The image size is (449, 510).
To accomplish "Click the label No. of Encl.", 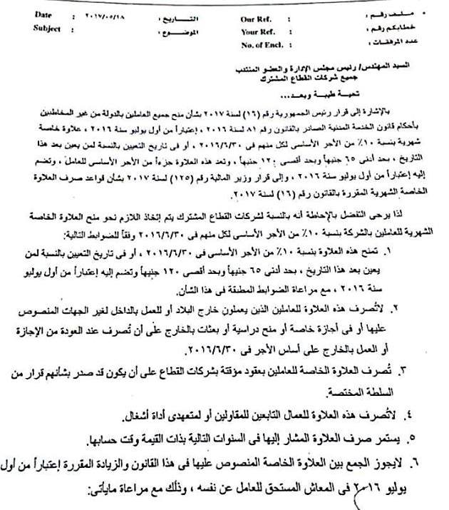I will (x=264, y=44).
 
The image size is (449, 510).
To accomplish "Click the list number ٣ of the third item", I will (x=403, y=369).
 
